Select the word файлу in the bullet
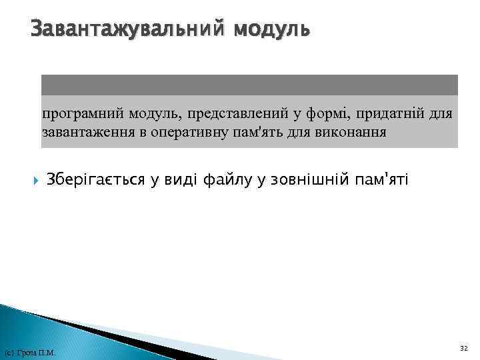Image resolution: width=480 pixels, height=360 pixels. point(225,180)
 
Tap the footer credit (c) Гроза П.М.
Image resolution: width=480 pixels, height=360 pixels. point(30,353)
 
